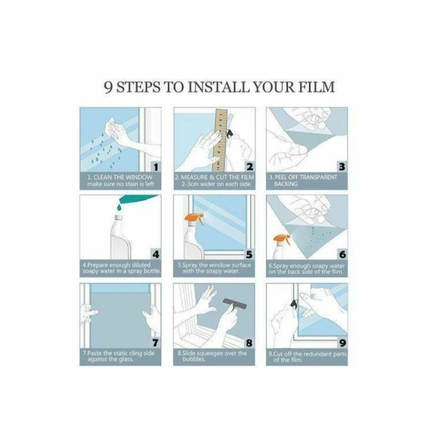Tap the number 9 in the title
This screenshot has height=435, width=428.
[x=108, y=88]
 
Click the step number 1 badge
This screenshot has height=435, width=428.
[x=156, y=167]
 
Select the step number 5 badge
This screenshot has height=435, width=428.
[x=249, y=254]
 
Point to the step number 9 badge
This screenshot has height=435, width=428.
[x=342, y=343]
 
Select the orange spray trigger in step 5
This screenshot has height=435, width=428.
[x=195, y=218]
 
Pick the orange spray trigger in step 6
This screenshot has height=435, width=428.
[x=282, y=238]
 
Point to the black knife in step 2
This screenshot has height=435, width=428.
[x=230, y=134]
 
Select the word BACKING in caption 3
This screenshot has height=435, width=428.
[x=286, y=184]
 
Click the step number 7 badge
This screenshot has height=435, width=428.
[x=156, y=343]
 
